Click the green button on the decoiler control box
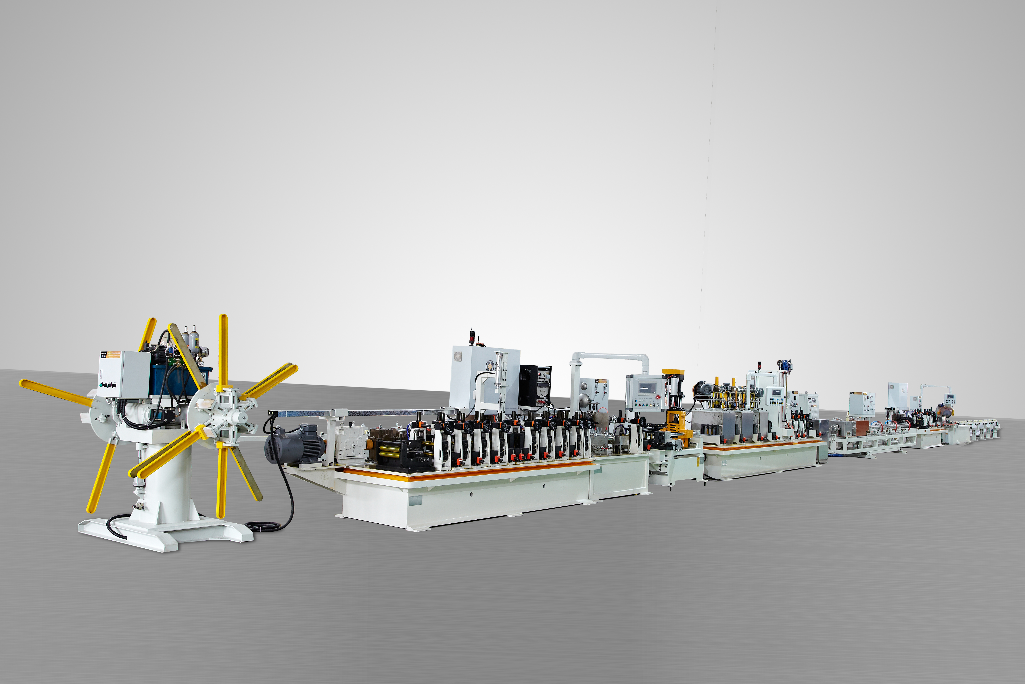(x=101, y=385)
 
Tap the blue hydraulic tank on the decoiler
(x=174, y=379)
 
